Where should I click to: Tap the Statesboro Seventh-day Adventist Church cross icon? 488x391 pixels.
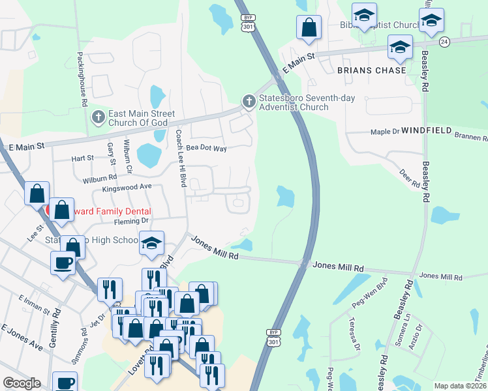pos(248,102)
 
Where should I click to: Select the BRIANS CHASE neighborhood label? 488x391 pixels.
pos(372,70)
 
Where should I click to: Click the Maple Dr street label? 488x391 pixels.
pos(385,132)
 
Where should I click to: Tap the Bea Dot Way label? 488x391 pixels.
pos(206,149)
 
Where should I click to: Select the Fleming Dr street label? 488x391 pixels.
pos(131,221)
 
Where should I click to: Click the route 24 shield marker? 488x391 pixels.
pos(444,41)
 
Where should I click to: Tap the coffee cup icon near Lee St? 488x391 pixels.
pos(63,263)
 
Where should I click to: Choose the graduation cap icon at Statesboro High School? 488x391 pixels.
pos(152,242)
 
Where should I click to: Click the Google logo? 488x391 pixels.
pos(22,383)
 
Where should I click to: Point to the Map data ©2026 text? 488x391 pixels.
pos(461,386)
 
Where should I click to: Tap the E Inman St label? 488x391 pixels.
pos(31,307)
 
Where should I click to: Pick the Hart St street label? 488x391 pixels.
pos(83,158)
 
